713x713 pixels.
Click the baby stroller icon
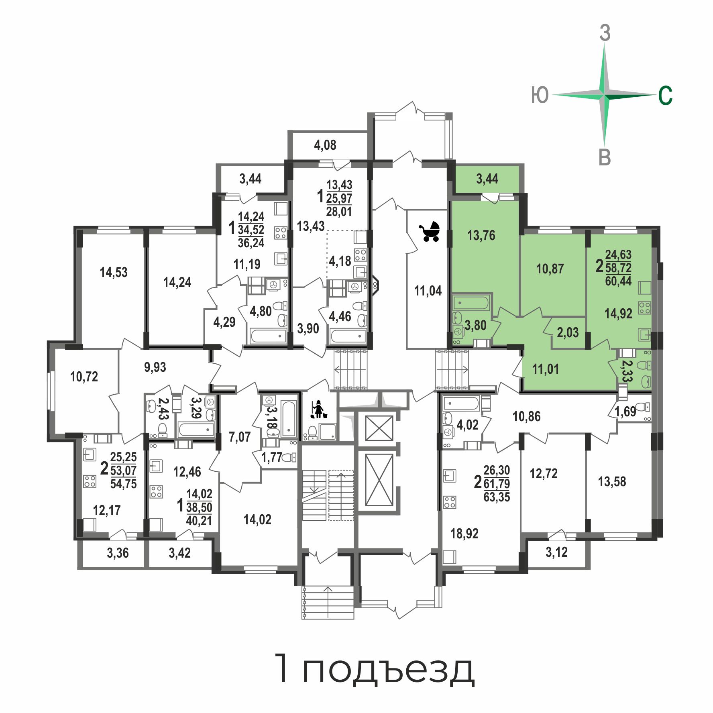(x=430, y=232)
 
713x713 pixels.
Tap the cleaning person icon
(x=318, y=409)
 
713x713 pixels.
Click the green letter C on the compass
(x=665, y=96)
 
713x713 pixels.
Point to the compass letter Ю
(x=540, y=96)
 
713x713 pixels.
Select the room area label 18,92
(x=464, y=534)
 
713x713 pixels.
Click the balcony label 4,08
(x=325, y=145)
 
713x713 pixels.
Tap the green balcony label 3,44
(x=487, y=179)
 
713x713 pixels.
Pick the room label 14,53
(x=114, y=272)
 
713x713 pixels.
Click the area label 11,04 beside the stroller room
(x=428, y=291)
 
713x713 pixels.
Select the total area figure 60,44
(x=618, y=281)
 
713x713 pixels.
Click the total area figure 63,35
(x=497, y=497)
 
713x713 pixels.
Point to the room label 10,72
(x=84, y=377)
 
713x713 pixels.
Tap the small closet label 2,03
(x=568, y=332)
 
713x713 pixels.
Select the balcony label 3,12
(x=557, y=552)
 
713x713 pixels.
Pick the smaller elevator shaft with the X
(x=379, y=428)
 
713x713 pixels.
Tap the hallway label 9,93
(x=155, y=367)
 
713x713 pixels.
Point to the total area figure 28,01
(x=339, y=211)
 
